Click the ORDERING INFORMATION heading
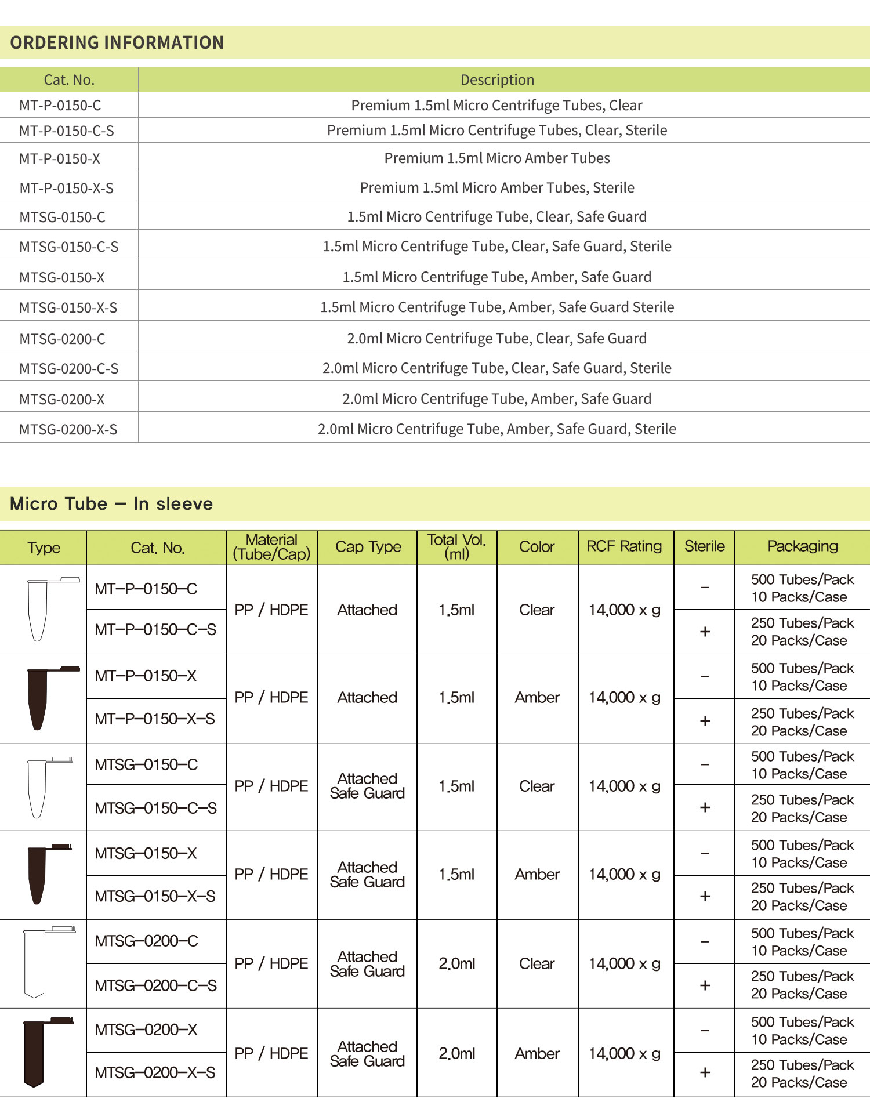(117, 42)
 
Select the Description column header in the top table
(497, 80)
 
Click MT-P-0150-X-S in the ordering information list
(67, 188)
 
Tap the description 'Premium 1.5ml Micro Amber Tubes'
(497, 158)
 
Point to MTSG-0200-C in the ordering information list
(63, 339)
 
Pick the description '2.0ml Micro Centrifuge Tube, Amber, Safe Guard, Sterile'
(497, 429)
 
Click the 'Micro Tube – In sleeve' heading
(111, 503)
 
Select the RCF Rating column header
(624, 546)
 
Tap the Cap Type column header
(368, 547)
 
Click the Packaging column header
(802, 546)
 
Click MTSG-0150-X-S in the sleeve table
(155, 897)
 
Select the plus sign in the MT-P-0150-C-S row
(705, 632)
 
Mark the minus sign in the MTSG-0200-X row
(705, 1031)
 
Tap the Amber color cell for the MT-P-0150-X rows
(537, 698)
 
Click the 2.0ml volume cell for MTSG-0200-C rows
(456, 963)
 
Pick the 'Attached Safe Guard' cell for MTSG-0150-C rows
(367, 786)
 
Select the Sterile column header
(704, 546)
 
